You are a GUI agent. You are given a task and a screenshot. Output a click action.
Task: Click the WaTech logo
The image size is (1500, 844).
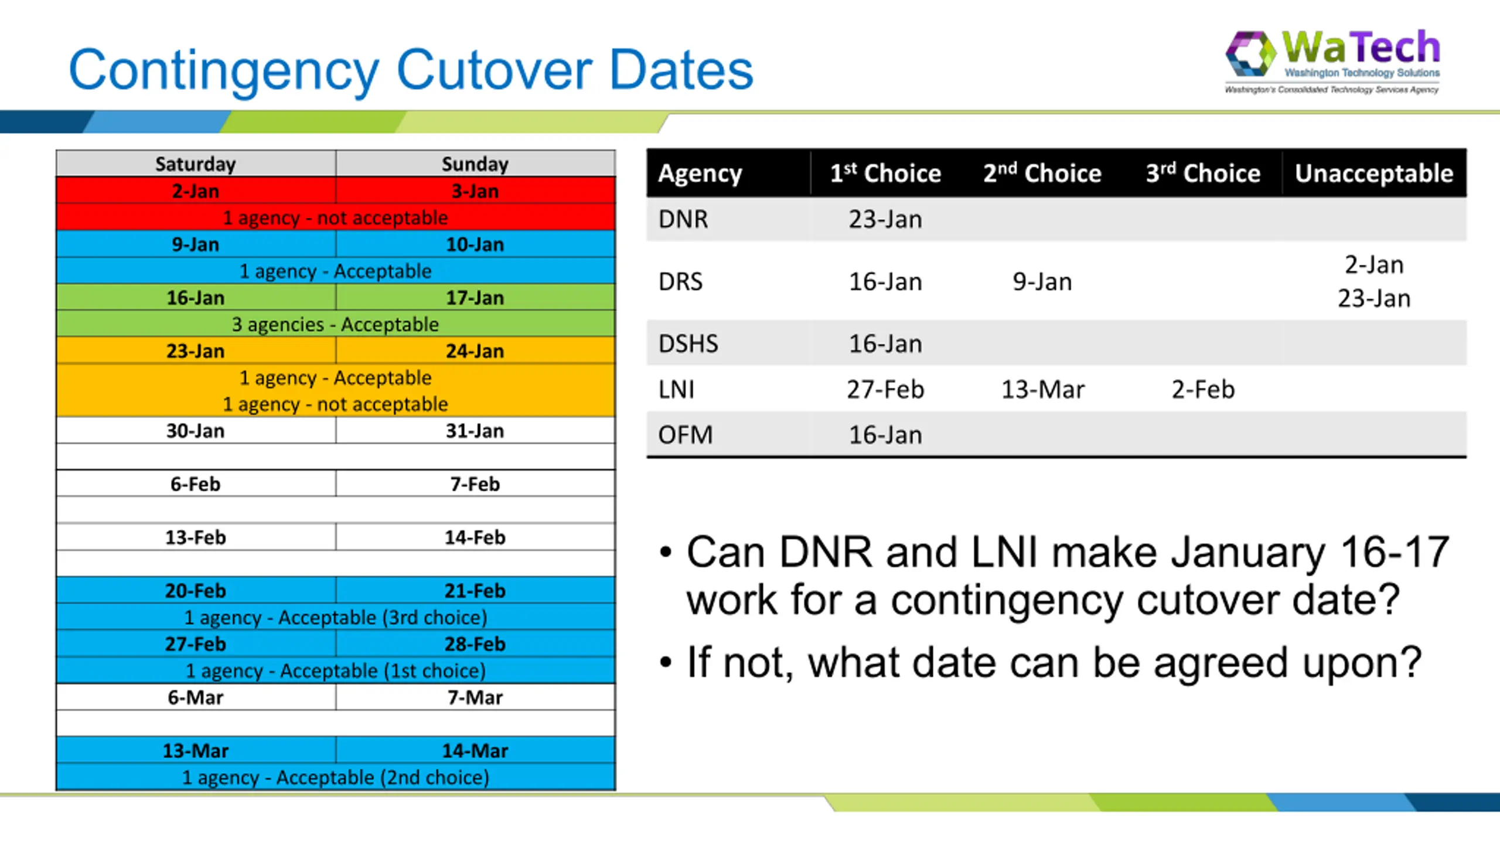pos(1332,62)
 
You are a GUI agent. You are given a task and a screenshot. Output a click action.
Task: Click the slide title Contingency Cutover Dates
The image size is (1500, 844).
pos(411,70)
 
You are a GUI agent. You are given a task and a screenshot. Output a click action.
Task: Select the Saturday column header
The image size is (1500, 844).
pos(196,164)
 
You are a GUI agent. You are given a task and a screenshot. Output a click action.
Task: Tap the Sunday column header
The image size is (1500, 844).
pos(475,164)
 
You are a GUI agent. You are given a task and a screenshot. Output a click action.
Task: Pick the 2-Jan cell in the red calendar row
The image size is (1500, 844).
pos(196,191)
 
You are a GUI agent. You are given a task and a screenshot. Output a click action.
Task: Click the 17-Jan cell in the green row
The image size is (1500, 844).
pos(475,298)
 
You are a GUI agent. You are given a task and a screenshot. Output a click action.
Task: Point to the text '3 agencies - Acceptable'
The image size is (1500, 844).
pos(335,324)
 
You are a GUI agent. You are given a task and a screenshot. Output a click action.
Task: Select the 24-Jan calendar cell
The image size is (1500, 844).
pos(475,351)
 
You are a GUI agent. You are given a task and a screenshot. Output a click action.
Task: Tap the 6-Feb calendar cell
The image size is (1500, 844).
pos(196,484)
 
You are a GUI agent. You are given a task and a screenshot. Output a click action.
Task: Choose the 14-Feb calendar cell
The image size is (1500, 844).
pos(475,537)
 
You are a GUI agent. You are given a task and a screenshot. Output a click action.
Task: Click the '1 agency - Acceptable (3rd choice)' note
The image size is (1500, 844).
pos(336,617)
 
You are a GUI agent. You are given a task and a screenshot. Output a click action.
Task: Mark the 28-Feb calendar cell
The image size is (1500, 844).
pos(475,644)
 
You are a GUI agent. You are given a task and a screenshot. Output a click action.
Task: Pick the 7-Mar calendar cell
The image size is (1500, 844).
pos(475,697)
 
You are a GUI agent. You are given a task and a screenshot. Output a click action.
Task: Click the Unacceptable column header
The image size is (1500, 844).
pos(1374,173)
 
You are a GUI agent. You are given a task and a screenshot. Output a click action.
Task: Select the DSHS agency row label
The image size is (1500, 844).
pos(688,343)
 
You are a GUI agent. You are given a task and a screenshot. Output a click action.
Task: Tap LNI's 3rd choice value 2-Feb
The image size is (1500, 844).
pos(1203,389)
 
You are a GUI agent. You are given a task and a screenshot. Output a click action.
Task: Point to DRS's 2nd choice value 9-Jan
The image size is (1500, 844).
pos(1042,282)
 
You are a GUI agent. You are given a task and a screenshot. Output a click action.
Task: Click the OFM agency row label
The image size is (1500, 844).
pos(686,435)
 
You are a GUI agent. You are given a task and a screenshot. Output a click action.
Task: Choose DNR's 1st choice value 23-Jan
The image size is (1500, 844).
pos(885,219)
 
